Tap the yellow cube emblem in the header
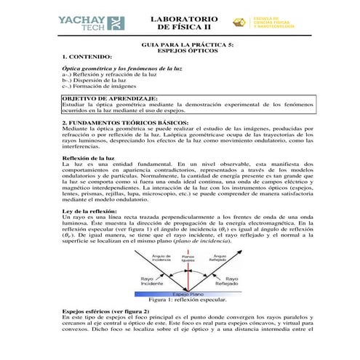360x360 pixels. pos(239,22)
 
